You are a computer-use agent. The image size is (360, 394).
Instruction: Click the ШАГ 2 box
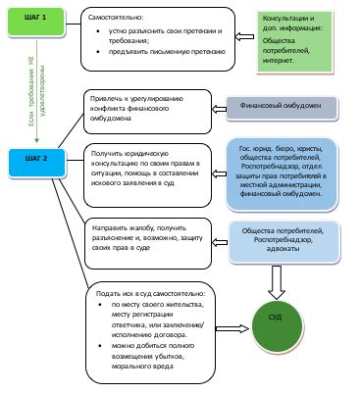[41, 156]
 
